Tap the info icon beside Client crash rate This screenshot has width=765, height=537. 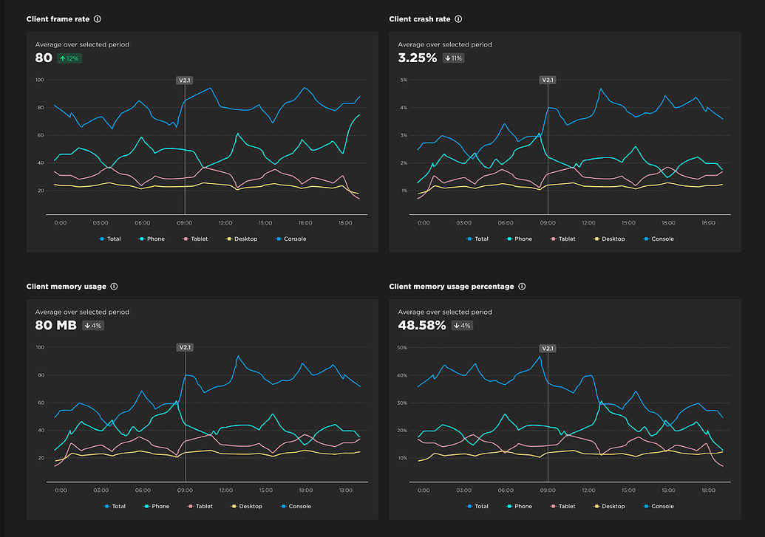coord(458,19)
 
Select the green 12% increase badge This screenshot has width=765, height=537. coord(69,58)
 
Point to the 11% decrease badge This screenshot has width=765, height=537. coord(453,58)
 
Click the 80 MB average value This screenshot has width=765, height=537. coord(55,325)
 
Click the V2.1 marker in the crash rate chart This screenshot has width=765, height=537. coord(548,80)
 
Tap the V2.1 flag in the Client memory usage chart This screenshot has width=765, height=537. coord(185,347)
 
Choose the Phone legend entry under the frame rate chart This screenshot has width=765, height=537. coord(152,239)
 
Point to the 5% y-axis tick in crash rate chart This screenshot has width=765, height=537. coord(404,80)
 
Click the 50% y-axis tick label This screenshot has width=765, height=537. coord(403,347)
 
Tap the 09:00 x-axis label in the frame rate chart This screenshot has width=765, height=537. coord(185,222)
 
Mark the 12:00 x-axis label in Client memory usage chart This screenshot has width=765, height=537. coord(226,490)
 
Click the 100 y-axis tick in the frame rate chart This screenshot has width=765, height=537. coord(40,80)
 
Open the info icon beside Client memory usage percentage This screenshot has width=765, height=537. coord(522,287)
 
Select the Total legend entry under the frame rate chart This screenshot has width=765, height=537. coord(112,239)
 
